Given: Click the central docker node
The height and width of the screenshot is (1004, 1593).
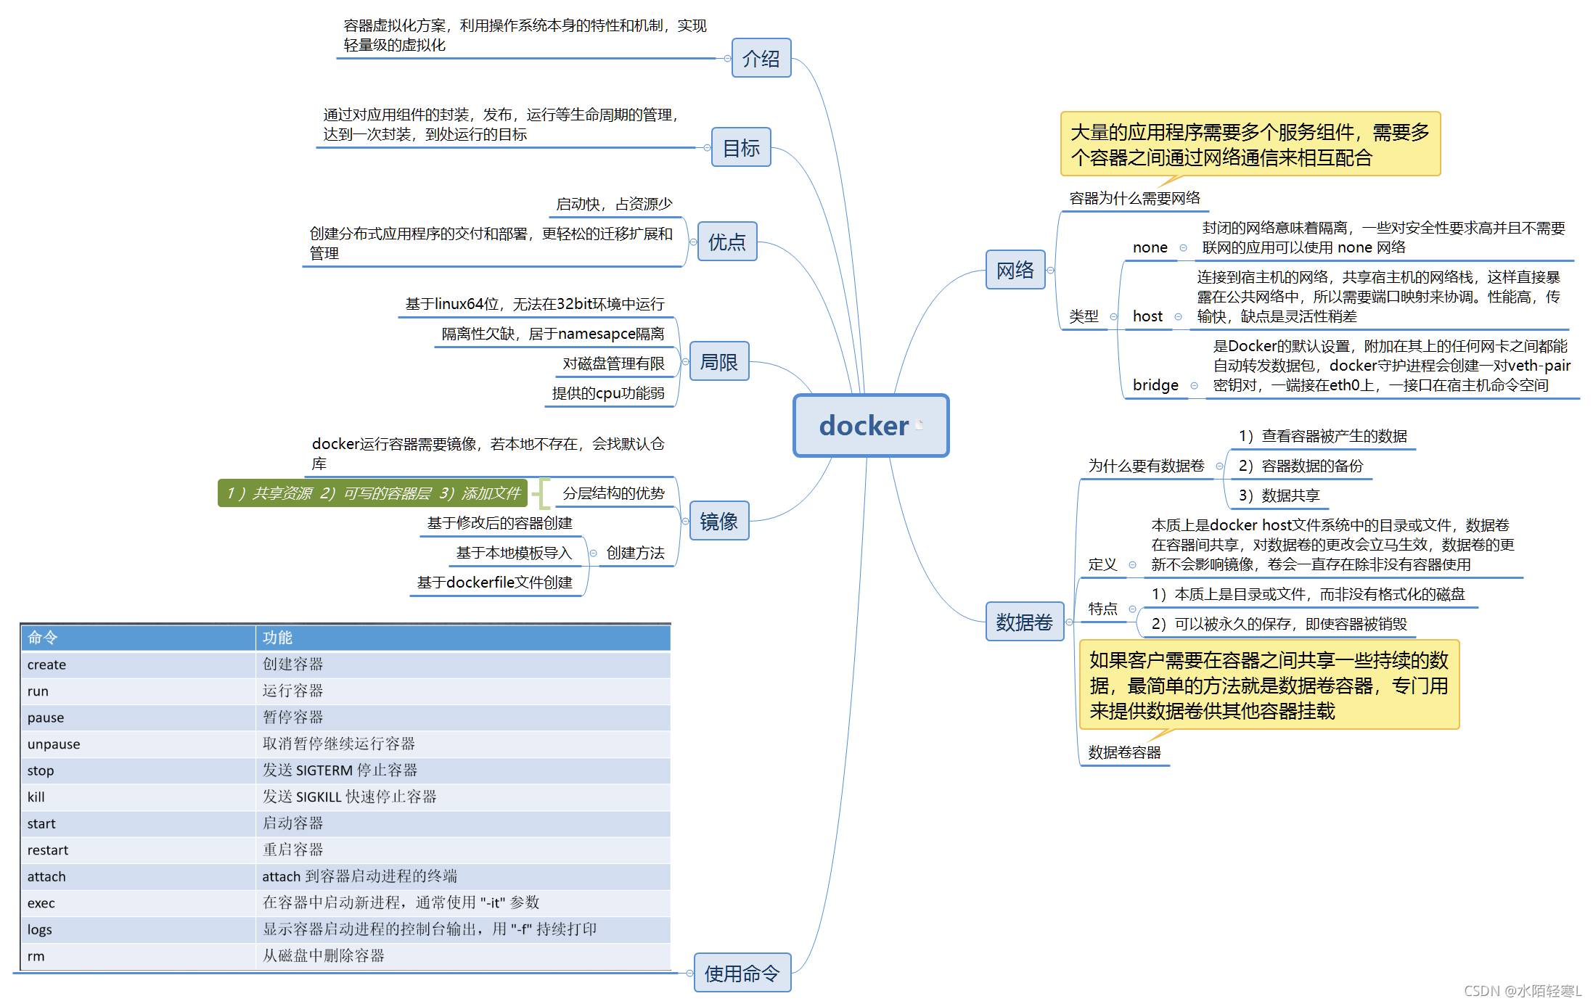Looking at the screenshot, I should (x=870, y=425).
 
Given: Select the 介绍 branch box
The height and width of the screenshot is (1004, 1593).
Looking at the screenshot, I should (x=761, y=58).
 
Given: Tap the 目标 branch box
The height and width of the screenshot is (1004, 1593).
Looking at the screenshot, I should (x=741, y=147).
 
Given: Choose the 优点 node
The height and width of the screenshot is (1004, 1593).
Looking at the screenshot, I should (x=726, y=242).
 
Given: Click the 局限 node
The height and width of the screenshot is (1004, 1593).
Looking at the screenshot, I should (x=718, y=361).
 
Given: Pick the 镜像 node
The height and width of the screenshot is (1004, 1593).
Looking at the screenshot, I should (x=718, y=521).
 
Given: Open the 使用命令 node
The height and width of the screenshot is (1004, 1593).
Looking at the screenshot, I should (x=742, y=973).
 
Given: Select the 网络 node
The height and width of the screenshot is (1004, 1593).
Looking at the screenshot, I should (x=1015, y=270).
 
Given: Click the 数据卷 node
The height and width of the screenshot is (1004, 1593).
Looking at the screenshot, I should (x=1024, y=622).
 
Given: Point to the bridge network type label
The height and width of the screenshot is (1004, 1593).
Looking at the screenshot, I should (x=1155, y=385).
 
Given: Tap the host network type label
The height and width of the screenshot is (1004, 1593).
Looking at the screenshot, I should (x=1147, y=316).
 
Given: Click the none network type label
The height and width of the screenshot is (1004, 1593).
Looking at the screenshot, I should (x=1150, y=247).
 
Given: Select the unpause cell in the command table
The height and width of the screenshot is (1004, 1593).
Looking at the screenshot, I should (x=54, y=744).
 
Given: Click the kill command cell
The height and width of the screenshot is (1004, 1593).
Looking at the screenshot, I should (x=36, y=797).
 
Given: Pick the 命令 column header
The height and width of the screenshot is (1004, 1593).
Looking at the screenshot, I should (x=43, y=638).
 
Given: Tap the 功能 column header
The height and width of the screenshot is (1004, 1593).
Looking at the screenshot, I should (x=277, y=638).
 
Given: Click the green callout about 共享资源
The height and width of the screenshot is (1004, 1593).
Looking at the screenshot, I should (x=373, y=493).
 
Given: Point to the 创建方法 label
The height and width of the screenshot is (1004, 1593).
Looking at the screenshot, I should (x=635, y=553).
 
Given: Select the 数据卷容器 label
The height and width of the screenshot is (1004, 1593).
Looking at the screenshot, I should (x=1124, y=752).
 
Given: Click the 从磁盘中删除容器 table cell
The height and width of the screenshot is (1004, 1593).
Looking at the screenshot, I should (x=324, y=956).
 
